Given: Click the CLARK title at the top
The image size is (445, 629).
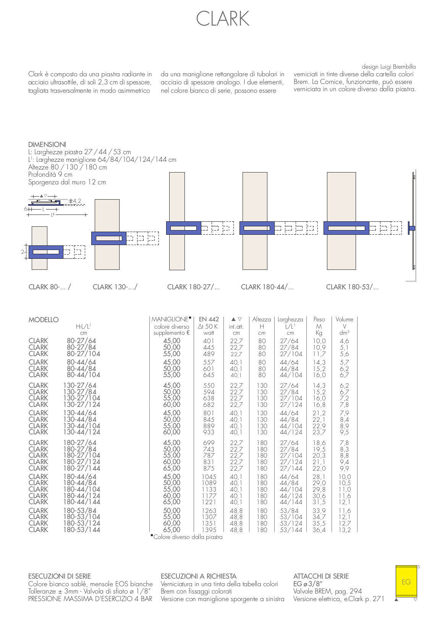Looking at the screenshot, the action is [222, 19].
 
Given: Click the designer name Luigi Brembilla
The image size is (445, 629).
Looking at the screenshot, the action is [398, 67].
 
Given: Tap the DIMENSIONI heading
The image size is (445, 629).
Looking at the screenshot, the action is [47, 145].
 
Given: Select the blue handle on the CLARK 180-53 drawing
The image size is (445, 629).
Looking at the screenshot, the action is [346, 228].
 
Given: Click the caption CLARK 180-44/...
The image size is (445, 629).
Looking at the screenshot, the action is [267, 287].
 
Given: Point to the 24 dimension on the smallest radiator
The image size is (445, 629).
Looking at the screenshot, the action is [24, 252].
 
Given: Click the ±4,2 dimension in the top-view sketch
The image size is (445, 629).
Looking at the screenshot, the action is [75, 201].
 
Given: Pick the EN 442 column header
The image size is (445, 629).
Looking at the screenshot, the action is [209, 319].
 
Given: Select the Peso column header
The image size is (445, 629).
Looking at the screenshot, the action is [319, 319].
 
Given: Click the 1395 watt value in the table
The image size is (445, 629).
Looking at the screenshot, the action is [209, 530].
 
